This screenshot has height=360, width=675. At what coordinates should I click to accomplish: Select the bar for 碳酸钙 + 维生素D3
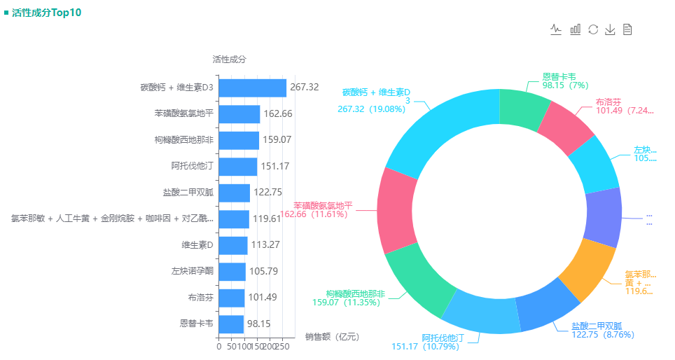(252, 88)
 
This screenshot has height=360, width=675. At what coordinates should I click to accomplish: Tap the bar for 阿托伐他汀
(237, 167)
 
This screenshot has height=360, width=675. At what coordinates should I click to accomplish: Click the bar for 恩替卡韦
(231, 324)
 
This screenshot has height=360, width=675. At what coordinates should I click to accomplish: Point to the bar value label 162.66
(277, 114)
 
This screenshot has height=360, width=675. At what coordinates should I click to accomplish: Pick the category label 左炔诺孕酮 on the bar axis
(192, 271)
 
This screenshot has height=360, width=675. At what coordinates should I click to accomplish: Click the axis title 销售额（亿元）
(332, 337)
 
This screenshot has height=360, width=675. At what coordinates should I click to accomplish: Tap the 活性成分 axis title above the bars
(229, 60)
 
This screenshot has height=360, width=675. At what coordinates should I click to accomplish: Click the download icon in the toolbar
(610, 29)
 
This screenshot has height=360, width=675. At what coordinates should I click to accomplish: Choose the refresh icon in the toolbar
(593, 29)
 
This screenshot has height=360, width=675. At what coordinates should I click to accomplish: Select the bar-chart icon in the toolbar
(576, 29)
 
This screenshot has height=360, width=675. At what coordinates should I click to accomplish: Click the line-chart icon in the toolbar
(557, 29)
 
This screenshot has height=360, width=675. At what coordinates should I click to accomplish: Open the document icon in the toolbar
(627, 29)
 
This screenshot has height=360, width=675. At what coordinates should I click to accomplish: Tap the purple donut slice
(604, 217)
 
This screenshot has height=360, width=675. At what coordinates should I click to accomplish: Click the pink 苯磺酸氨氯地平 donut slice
(395, 210)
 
